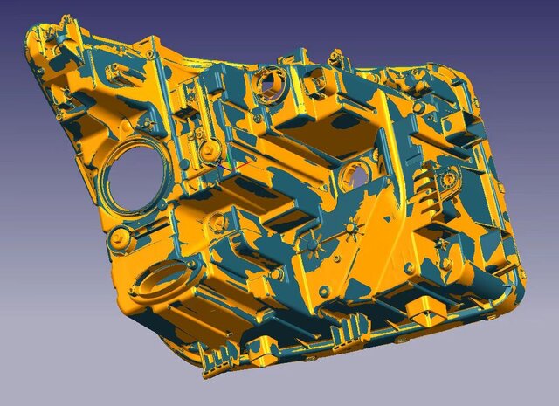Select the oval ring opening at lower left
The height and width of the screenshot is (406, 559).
click(x=163, y=280)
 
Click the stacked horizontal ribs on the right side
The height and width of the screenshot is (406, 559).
click(x=423, y=186)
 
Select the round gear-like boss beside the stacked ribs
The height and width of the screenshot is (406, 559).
click(x=448, y=180)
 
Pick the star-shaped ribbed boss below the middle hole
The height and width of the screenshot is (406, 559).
click(x=350, y=230)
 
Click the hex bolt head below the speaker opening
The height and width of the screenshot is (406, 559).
click(x=120, y=237)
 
